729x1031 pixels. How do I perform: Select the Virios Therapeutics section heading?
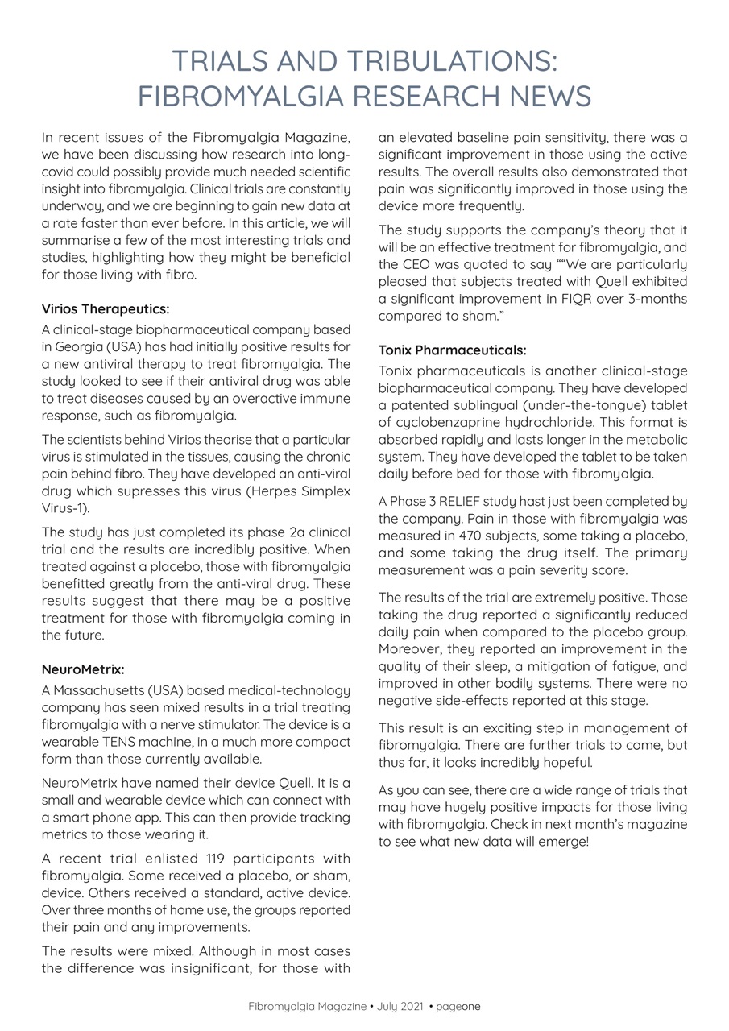106,308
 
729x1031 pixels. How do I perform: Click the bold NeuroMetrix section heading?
83,669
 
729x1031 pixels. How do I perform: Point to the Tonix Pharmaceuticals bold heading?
452,350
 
